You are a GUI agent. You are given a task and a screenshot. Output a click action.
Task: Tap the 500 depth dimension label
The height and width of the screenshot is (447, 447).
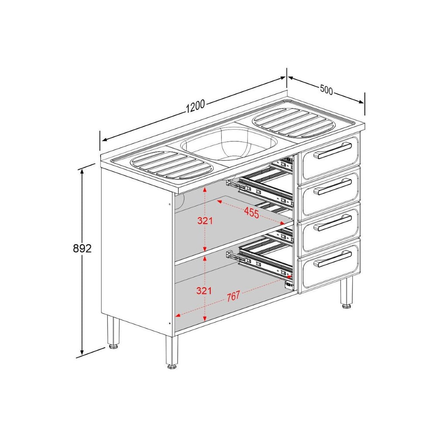tap(327, 89)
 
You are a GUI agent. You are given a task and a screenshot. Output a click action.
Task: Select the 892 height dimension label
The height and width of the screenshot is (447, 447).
tap(82, 248)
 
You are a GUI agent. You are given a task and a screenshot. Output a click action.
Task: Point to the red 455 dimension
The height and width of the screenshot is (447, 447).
tap(251, 213)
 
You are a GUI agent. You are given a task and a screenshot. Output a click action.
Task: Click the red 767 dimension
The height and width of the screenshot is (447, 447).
tap(233, 296)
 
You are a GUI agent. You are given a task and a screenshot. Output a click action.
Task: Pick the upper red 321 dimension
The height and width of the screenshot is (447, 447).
tap(205, 220)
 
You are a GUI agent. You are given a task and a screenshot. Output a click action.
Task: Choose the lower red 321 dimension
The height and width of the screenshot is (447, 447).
tap(205, 290)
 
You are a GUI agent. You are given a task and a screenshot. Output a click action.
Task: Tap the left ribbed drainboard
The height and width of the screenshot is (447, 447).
tap(172, 165)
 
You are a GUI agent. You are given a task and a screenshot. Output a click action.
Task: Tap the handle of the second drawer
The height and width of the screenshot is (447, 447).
tap(334, 186)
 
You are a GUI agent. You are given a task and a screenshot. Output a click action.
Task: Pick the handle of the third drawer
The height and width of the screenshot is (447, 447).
tap(334, 223)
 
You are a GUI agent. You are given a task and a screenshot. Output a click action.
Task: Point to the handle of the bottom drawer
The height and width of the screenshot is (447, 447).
tap(334, 259)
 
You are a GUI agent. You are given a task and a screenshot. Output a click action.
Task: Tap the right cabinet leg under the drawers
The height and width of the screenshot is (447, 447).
tap(347, 292)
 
